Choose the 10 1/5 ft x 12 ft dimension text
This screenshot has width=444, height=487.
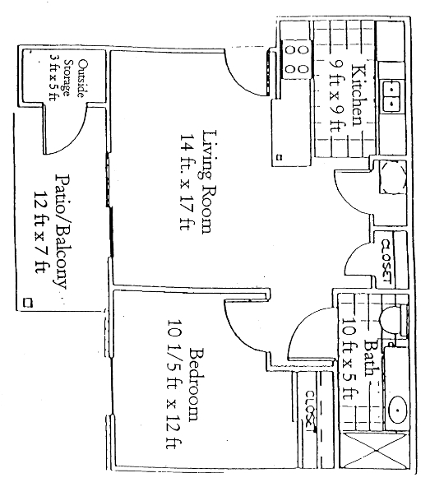tap(175, 383)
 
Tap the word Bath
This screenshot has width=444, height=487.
tap(371, 359)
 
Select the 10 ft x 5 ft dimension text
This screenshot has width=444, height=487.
tap(349, 359)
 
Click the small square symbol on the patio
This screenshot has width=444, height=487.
tap(30, 302)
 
